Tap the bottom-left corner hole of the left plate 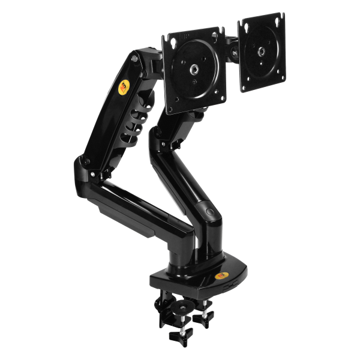tap(175, 96)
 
